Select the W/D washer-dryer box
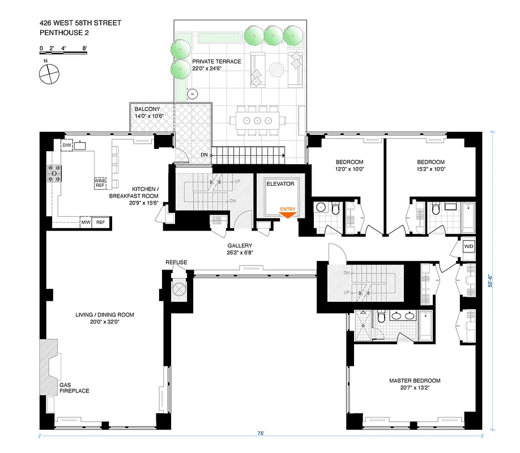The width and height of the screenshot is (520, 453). point(468,247)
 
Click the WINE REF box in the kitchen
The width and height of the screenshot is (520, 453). point(100,183)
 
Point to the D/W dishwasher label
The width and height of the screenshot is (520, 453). point(67,146)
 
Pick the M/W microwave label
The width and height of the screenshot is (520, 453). point(86,223)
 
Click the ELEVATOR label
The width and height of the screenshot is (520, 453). point(280,184)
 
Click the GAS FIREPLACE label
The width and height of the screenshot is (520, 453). point(74,387)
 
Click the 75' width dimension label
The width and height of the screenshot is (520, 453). point(261,434)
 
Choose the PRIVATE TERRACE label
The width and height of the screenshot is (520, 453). point(216,62)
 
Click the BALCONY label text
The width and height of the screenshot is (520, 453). point(147,109)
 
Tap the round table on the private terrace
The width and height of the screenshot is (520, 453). point(276,70)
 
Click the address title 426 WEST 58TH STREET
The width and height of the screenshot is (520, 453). point(80,23)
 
